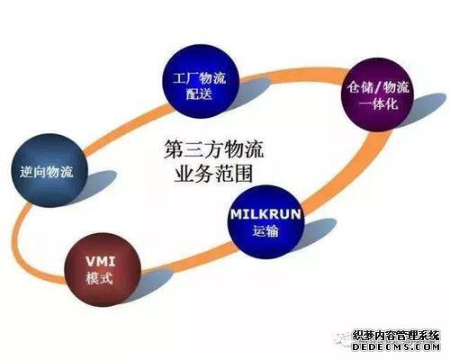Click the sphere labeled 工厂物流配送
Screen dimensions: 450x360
tap(200, 82)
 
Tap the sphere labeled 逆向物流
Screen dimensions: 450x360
tap(49, 170)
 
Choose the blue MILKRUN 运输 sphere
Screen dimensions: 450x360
tap(265, 222)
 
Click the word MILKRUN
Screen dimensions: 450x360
tap(265, 214)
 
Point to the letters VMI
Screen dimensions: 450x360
tap(100, 261)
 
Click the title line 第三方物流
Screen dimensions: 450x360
tap(213, 149)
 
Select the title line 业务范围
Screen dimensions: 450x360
tap(213, 174)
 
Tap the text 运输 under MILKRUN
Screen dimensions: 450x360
tap(265, 230)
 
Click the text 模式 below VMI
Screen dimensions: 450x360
tap(99, 278)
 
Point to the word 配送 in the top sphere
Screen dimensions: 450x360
tap(199, 94)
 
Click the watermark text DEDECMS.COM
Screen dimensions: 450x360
tap(396, 346)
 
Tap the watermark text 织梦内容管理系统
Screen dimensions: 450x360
tap(396, 336)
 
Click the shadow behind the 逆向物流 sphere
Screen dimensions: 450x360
tap(97, 183)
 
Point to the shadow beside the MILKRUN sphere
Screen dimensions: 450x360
tap(318, 232)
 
